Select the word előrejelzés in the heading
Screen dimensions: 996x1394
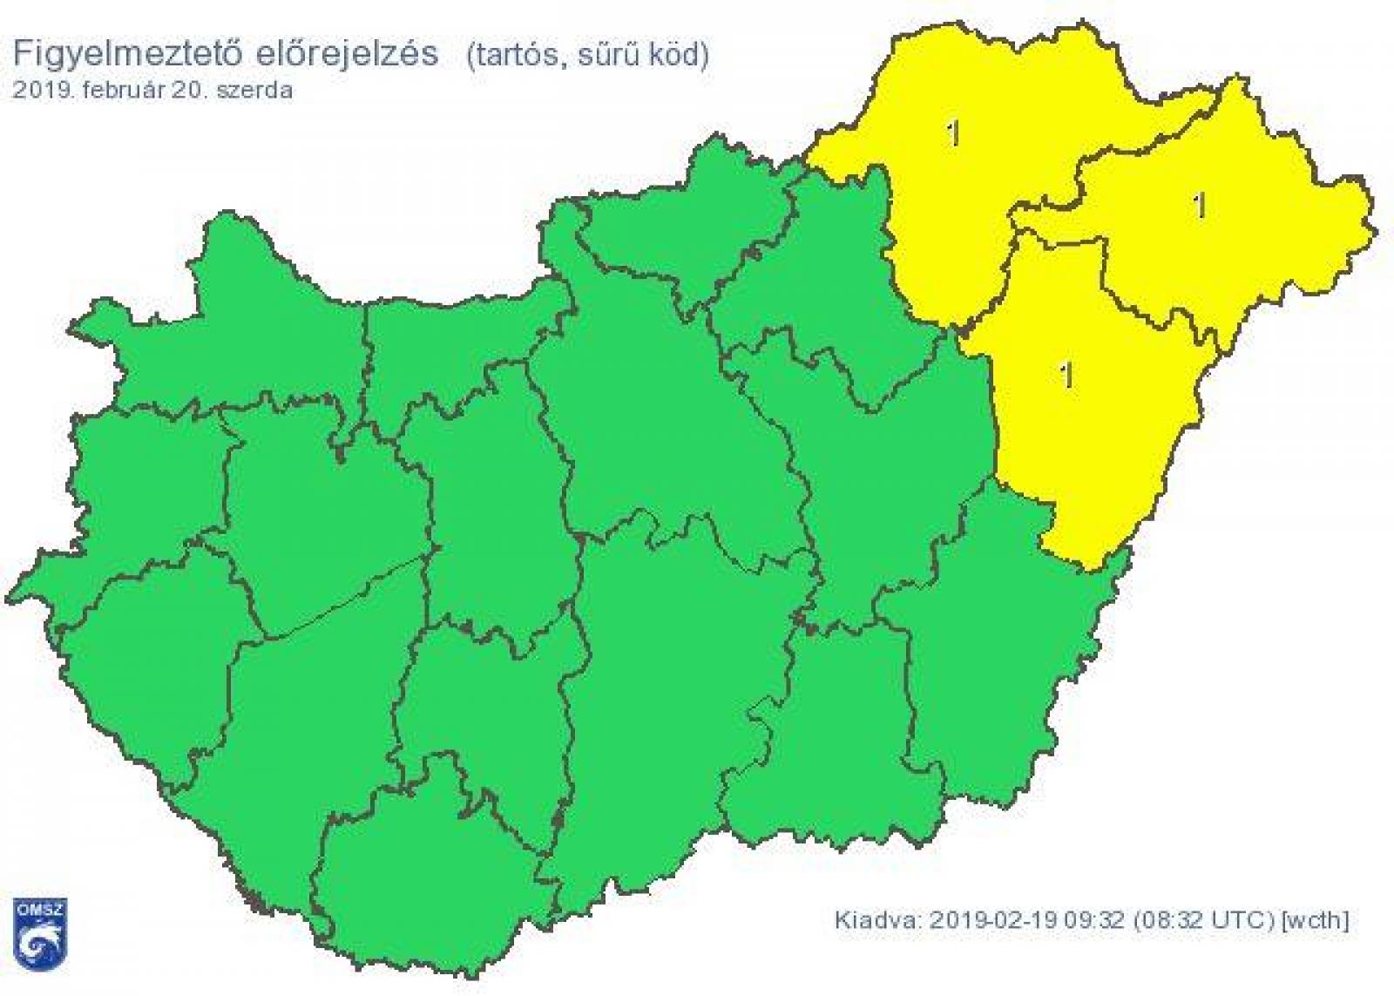[x=346, y=54]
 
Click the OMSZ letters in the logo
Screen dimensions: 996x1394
[x=40, y=911]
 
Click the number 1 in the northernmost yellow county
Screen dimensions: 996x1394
[x=955, y=133]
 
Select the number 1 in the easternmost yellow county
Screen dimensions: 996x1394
[x=1201, y=206]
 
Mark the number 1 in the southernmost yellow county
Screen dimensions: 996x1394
[x=1066, y=376]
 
